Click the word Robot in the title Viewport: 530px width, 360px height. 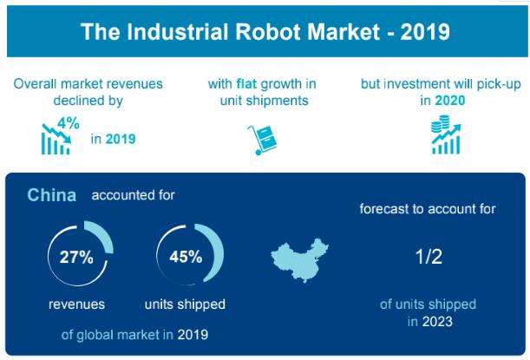click(268, 31)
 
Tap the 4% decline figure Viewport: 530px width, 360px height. click(69, 123)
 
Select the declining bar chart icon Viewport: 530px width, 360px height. click(56, 139)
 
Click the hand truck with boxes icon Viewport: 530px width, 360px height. click(262, 140)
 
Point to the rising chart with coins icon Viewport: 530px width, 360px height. click(446, 134)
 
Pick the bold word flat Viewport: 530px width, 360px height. click(246, 84)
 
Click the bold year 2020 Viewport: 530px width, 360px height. click(450, 101)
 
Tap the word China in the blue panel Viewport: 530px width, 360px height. click(52, 195)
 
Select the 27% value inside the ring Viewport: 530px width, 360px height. click(76, 258)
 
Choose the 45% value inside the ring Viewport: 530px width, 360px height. click(186, 257)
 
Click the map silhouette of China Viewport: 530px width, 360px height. click(300, 260)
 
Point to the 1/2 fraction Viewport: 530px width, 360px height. click(429, 257)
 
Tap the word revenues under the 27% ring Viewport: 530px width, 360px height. click(76, 304)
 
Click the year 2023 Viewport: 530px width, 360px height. click(437, 321)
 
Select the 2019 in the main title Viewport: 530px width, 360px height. click(425, 31)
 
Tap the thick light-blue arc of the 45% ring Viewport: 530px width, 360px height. click(215, 248)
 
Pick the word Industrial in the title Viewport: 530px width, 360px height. click(178, 31)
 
